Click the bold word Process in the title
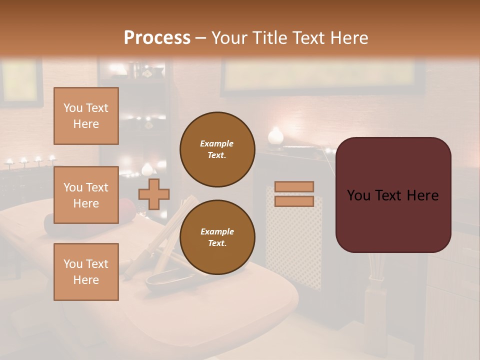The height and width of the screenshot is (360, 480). [157, 37]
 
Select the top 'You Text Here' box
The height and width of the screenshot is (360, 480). [86, 116]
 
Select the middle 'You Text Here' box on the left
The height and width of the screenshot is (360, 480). [86, 195]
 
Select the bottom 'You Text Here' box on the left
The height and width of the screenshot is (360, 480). [86, 272]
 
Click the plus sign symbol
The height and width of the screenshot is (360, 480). [154, 194]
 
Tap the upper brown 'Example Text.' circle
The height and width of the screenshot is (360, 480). [217, 149]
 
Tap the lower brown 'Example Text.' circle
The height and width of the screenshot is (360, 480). [217, 237]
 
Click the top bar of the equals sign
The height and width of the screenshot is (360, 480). [294, 186]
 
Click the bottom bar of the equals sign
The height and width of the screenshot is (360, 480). [294, 201]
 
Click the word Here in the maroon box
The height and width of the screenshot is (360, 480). [422, 195]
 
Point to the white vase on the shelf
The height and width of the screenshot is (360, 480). [275, 136]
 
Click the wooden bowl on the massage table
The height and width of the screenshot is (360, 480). [163, 279]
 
